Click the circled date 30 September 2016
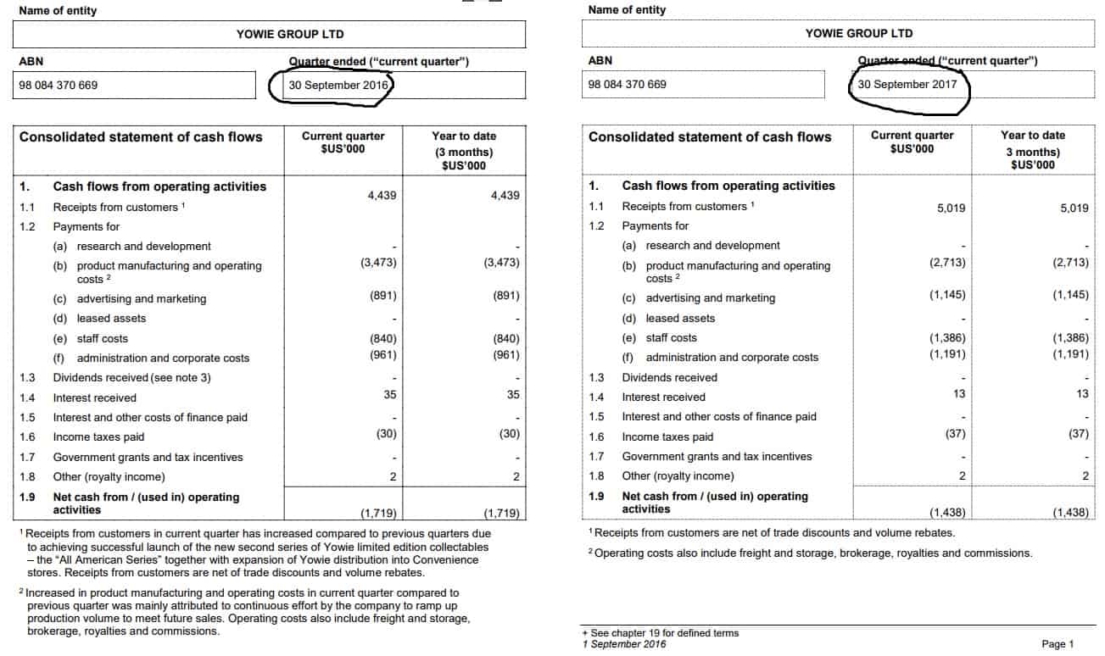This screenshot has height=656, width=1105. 338,85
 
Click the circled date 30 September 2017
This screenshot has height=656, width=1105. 907,85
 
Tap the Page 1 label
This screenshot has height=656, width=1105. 1058,644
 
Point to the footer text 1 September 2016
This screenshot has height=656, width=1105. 624,644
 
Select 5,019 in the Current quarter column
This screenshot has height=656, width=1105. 951,208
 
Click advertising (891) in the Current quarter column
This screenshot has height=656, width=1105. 382,296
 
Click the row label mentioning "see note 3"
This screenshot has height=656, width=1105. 131,378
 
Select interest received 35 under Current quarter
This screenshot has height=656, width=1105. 390,394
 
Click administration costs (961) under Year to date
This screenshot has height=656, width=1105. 505,355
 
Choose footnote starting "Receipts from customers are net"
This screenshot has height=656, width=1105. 773,533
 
